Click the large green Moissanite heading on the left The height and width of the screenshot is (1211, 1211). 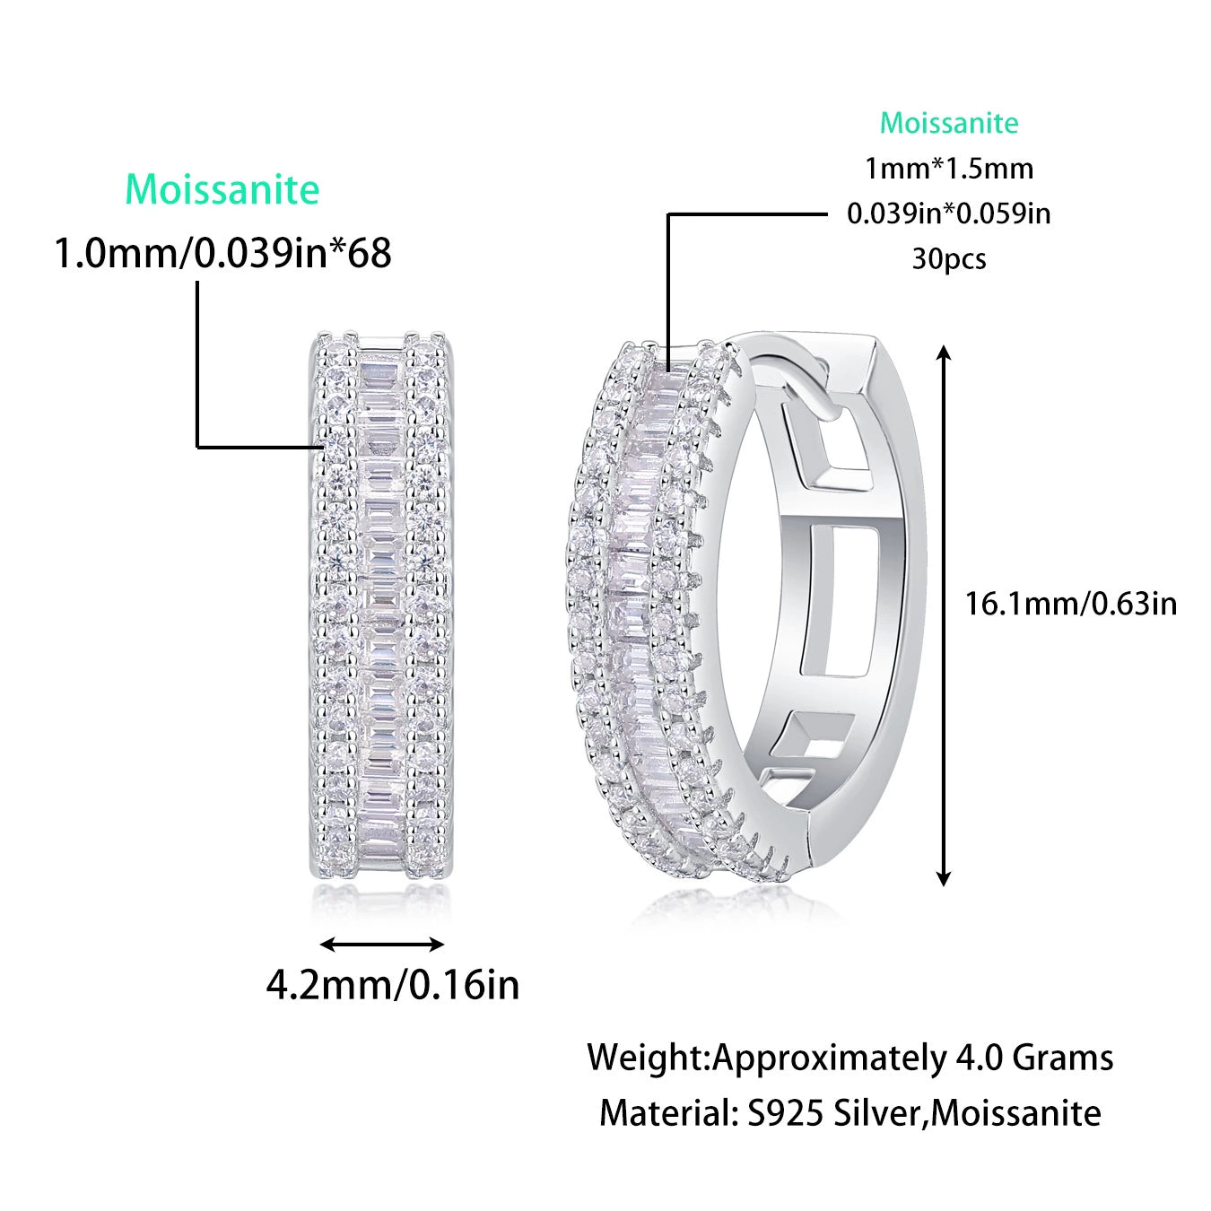[x=222, y=189]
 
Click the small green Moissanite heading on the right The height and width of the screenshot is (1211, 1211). [x=948, y=123]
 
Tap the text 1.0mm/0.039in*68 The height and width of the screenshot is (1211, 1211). [x=223, y=253]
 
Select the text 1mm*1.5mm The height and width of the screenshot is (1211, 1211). [x=948, y=169]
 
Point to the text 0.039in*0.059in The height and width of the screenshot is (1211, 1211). [x=948, y=213]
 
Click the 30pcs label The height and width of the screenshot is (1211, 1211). [x=948, y=259]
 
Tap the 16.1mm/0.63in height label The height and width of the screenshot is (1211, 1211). [x=1070, y=603]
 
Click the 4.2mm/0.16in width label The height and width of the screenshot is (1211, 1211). [x=392, y=985]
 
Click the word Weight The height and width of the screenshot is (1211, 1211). [x=647, y=1058]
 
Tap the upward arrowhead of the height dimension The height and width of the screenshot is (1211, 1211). [x=943, y=353]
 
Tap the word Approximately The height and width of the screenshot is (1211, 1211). [x=827, y=1058]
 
